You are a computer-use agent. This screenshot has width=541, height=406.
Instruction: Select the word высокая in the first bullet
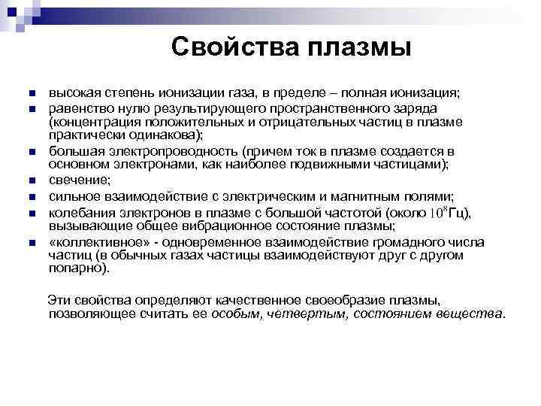(73, 93)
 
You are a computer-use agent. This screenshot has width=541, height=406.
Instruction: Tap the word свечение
(80, 180)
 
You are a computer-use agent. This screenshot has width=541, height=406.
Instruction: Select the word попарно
(78, 268)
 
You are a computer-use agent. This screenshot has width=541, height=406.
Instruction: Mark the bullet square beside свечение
(31, 180)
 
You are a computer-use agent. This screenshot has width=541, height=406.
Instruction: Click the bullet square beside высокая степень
(31, 94)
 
